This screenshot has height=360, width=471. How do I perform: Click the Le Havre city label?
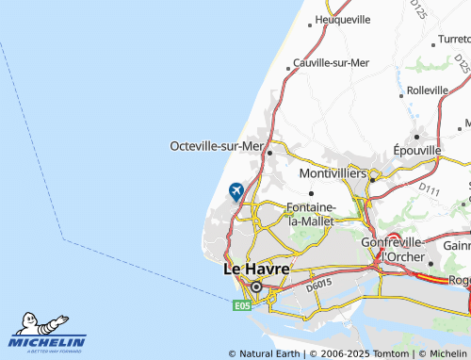pyautogui.click(x=255, y=269)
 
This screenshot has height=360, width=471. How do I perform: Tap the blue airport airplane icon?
pyautogui.click(x=235, y=191)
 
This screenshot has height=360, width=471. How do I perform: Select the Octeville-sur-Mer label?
pyautogui.click(x=216, y=146)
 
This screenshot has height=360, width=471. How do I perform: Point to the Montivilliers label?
pyautogui.click(x=333, y=174)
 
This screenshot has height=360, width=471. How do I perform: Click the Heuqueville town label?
pyautogui.click(x=342, y=19)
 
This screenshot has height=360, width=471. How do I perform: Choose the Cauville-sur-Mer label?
pyautogui.click(x=331, y=62)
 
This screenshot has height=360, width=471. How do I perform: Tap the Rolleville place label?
pyautogui.click(x=428, y=90)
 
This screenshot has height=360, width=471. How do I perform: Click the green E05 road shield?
pyautogui.click(x=242, y=304)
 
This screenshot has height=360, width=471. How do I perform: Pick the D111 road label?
pyautogui.click(x=429, y=191)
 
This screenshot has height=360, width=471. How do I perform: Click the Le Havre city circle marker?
pyautogui.click(x=255, y=286)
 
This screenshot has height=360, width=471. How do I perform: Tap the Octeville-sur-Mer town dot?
pyautogui.click(x=269, y=152)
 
